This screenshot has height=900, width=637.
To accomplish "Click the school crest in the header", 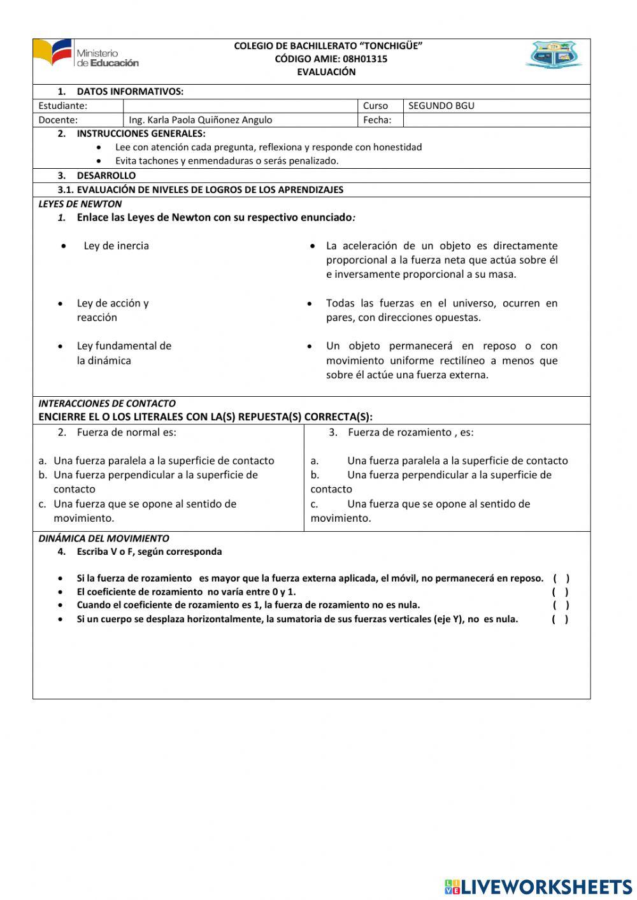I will pyautogui.click(x=553, y=55).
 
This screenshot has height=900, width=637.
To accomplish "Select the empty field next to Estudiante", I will pyautogui.click(x=240, y=106).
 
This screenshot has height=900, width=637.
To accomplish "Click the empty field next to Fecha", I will pyautogui.click(x=496, y=120).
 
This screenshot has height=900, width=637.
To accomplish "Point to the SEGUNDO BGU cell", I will pyautogui.click(x=441, y=106).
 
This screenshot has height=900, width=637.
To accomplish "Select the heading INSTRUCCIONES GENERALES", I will pyautogui.click(x=141, y=134).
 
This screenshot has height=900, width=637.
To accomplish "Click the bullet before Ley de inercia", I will pyautogui.click(x=64, y=246).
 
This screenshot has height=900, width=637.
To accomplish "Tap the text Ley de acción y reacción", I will pyautogui.click(x=112, y=310).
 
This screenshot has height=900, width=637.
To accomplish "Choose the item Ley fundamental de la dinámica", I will pyautogui.click(x=124, y=353).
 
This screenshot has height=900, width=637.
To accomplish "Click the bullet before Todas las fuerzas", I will pyautogui.click(x=310, y=304).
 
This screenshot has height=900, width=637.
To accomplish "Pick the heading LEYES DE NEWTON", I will pyautogui.click(x=80, y=204).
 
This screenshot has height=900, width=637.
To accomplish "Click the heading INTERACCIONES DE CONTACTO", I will pyautogui.click(x=107, y=403).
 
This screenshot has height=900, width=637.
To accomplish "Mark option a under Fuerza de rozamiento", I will pyautogui.click(x=439, y=461).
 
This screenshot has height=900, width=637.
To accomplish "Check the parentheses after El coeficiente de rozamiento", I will pyautogui.click(x=560, y=592).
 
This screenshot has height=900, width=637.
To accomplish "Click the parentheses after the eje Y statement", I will pyautogui.click(x=560, y=619).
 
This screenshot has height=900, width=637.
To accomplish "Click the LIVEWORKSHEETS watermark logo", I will pyautogui.click(x=538, y=887).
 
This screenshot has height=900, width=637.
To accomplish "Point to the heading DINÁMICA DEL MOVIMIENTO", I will pyautogui.click(x=104, y=538).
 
